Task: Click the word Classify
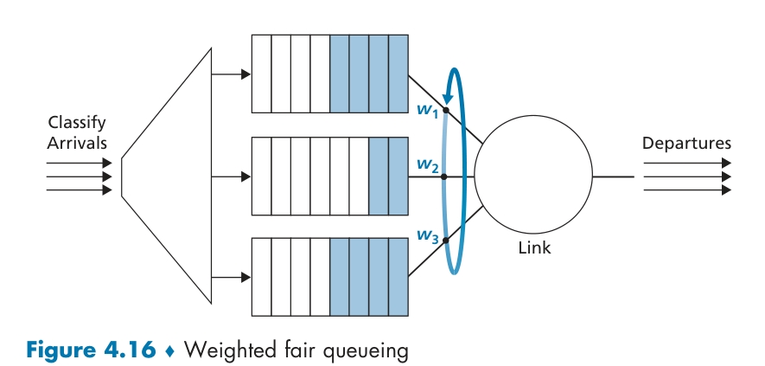tap(77, 123)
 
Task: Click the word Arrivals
tap(76, 142)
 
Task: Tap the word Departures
tap(686, 143)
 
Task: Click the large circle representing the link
tap(532, 177)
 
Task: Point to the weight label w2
tap(427, 164)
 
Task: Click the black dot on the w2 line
tap(445, 177)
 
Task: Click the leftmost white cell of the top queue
tap(261, 74)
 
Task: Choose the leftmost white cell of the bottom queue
tap(261, 278)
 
